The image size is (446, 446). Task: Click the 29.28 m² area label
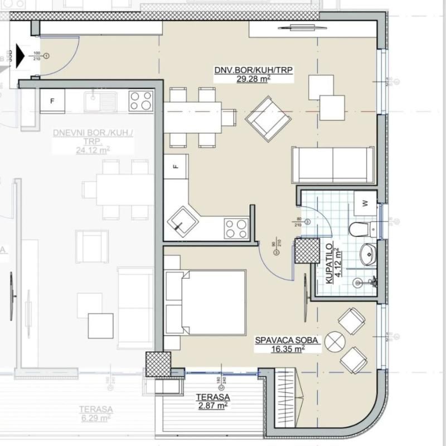tap(254, 79)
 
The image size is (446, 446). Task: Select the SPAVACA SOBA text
tap(287, 340)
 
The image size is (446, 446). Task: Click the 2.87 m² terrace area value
tap(212, 406)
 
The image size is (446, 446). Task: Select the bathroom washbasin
tap(368, 255)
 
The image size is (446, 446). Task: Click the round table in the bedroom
tap(336, 341)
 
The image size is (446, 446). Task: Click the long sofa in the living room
tap(333, 164)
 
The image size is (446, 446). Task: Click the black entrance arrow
tap(21, 56)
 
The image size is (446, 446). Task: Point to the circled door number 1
tap(47, 56)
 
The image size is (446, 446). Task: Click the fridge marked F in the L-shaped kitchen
tap(176, 167)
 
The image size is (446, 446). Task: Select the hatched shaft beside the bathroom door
tap(307, 250)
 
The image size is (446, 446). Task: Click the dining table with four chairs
tap(193, 118)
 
